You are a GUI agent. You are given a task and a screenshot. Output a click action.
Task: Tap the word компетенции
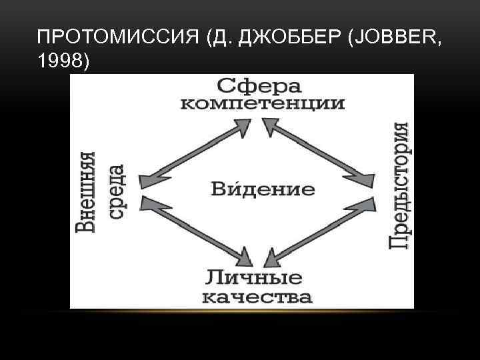(263, 104)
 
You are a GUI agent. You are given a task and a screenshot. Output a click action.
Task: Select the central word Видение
(263, 188)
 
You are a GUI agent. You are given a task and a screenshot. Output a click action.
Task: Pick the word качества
(257, 296)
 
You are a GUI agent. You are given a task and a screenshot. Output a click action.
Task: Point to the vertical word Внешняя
(85, 192)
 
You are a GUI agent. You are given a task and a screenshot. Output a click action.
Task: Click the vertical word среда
(114, 192)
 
